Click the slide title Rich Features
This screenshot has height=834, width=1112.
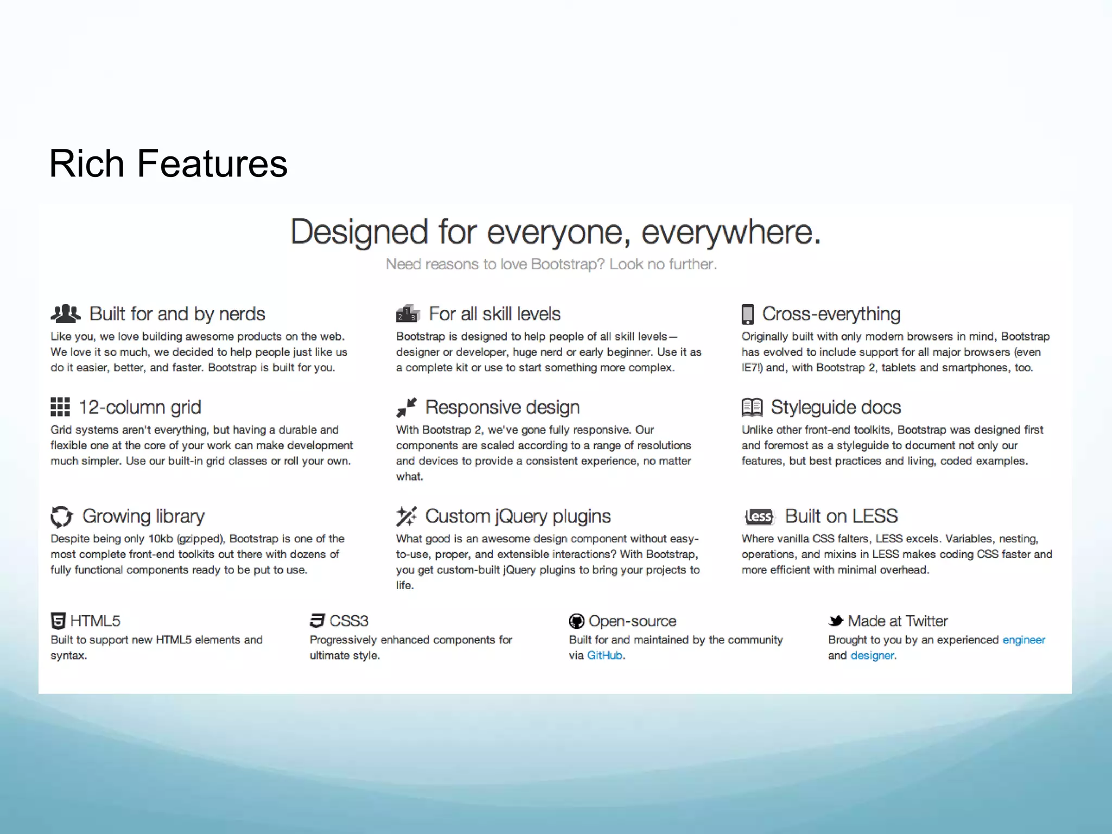coord(168,163)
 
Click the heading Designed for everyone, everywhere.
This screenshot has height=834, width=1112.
coord(555,232)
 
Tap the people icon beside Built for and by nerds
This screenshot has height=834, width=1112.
coord(65,313)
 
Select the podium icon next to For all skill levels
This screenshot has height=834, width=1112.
coord(408,313)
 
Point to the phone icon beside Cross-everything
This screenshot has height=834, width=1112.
coord(748,314)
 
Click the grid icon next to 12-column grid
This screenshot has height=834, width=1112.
coord(60,407)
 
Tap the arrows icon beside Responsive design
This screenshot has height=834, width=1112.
coord(406,407)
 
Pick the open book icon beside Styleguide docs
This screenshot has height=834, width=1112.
coord(752,407)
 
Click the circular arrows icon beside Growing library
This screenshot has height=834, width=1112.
coord(61,516)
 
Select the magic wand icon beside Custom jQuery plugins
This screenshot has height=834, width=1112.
coord(406,516)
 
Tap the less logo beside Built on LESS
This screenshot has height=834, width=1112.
coord(759,516)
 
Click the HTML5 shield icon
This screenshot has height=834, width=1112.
coord(58,621)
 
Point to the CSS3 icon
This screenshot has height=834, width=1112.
coord(317,621)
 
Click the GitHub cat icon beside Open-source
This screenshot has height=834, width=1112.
coord(576,621)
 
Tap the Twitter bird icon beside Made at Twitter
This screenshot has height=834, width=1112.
coord(836,621)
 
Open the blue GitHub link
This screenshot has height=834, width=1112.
coord(604,655)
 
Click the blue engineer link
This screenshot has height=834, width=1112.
coord(1023,640)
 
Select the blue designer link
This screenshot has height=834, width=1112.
coord(872,655)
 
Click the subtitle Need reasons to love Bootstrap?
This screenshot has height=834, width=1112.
coord(551,264)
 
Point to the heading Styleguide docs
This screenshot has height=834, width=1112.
coord(836,407)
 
